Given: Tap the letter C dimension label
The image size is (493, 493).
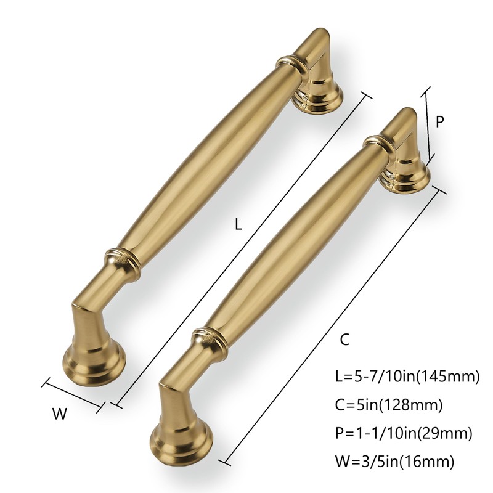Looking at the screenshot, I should coord(346,338).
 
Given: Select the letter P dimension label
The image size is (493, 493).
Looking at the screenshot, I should coord(440,122).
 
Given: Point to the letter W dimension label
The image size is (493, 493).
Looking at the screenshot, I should coord(59,414).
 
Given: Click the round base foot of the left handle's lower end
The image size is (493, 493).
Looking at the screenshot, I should coord(96,363).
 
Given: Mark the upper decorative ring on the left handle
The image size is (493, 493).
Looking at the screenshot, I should coord(290,63).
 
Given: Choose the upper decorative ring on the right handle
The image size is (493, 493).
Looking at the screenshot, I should coord(378,143).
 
